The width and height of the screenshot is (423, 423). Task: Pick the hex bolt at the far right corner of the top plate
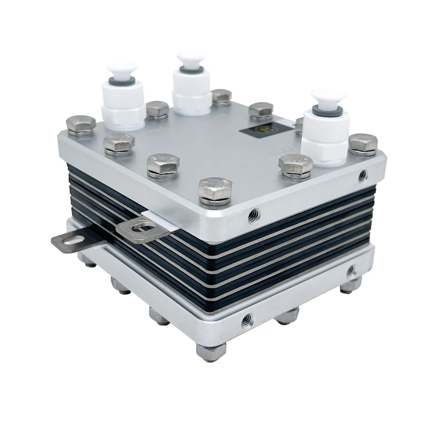click(363, 144)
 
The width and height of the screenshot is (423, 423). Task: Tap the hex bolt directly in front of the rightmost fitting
click(296, 165)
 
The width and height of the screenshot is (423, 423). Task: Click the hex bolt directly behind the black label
click(261, 110)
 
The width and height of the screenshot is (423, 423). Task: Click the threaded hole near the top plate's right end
click(362, 174)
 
